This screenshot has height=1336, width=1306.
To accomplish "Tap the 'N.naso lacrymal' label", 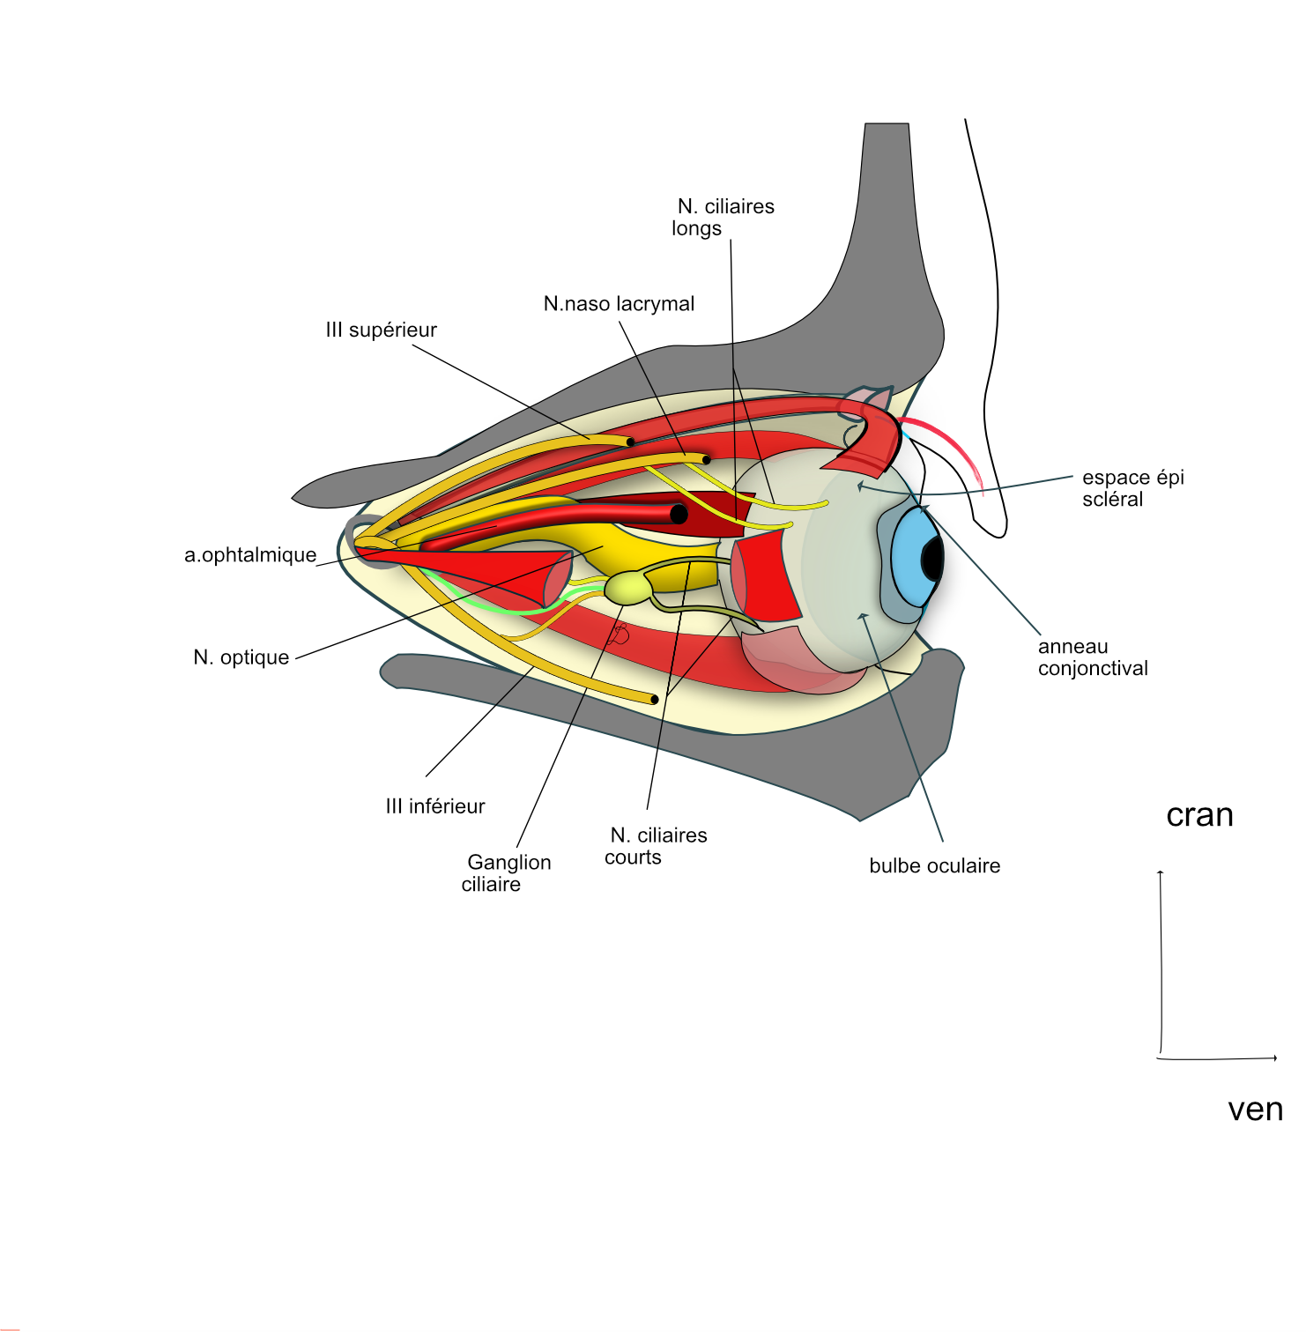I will [x=619, y=304].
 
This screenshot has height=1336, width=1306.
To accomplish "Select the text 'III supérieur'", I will [x=381, y=330].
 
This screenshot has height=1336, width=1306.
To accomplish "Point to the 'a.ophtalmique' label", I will [x=250, y=555].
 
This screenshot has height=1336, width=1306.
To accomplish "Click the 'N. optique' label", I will [x=241, y=657].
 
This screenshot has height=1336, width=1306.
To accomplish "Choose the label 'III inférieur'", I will [x=435, y=806].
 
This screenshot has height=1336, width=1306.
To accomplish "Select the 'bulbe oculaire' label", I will [x=934, y=866].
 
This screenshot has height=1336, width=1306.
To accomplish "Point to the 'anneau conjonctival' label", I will [x=1093, y=657].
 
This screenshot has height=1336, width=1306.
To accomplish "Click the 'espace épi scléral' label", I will [x=1132, y=488].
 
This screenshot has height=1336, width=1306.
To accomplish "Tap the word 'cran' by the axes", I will [x=1199, y=815].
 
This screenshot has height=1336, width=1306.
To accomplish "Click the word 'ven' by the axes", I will [x=1255, y=1110].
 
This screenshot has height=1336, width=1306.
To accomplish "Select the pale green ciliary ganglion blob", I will [x=627, y=588].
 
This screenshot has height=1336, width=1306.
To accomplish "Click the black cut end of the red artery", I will [x=679, y=514].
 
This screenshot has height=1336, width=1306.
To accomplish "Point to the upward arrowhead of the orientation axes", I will [x=1161, y=873].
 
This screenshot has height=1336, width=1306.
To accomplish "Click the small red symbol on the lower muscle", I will [x=620, y=634].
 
